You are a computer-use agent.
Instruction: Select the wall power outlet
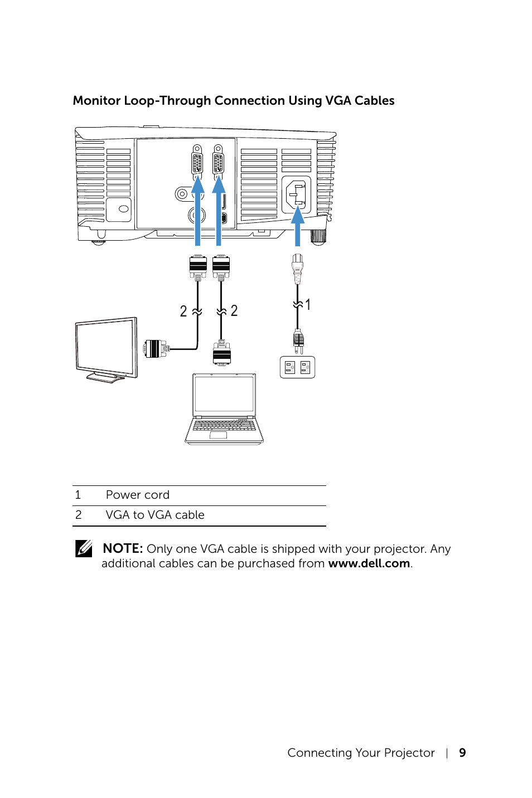297,367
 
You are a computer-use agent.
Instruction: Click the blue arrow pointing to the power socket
298,226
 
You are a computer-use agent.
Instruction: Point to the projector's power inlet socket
296,194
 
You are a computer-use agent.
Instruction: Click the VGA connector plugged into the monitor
156,349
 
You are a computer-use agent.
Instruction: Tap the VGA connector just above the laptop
221,353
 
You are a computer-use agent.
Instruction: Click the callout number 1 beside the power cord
308,304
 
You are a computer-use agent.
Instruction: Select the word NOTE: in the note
123,549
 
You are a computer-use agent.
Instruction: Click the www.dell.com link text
369,563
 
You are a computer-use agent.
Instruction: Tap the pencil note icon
84,549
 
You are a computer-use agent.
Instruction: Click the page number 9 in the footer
462,753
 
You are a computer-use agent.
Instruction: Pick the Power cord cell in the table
138,495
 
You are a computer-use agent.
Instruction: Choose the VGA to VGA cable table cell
155,515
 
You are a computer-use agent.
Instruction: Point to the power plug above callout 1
297,268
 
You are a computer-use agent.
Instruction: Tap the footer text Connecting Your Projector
361,753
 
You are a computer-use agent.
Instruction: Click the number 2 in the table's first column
79,515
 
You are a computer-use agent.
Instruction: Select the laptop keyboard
224,425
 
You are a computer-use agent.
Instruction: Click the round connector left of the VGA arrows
182,194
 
